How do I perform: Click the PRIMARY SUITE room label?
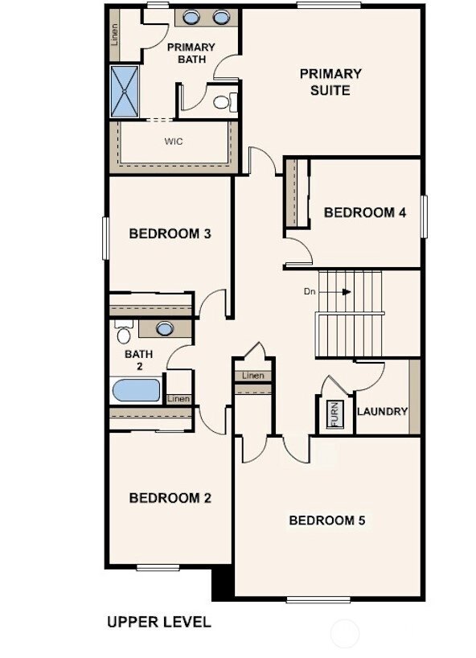[x=330, y=82]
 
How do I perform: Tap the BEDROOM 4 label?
[x=365, y=212]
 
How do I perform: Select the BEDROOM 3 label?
[x=170, y=233]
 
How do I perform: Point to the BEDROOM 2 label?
[x=170, y=498]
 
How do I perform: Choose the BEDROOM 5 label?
[x=327, y=520]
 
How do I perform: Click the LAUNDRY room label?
[x=383, y=411]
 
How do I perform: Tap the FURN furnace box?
[x=335, y=414]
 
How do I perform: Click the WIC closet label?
[x=174, y=142]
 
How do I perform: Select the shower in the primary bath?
[x=125, y=92]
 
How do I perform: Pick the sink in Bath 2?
[x=165, y=328]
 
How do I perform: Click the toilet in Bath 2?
[x=123, y=331]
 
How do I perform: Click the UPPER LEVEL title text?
[x=159, y=622]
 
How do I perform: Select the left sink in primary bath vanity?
[x=191, y=17]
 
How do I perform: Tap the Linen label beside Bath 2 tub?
[x=178, y=399]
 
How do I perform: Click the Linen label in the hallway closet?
[x=253, y=376]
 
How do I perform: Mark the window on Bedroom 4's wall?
[x=424, y=216]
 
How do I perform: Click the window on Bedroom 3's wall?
[x=105, y=238]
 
